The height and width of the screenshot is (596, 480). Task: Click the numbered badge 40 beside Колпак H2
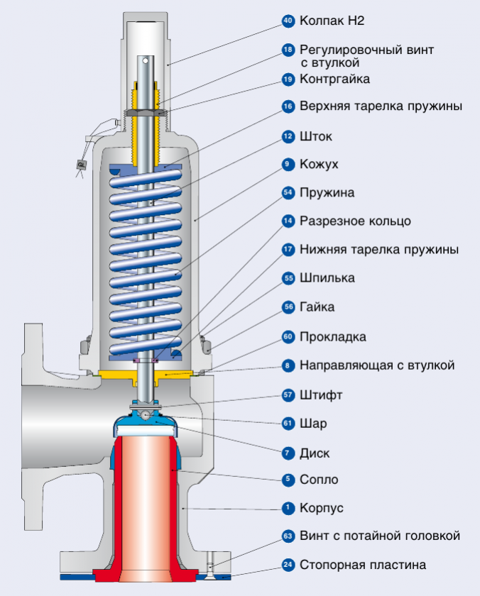[x=288, y=21]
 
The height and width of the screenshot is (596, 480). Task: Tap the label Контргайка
[x=334, y=79]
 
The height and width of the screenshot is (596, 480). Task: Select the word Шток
[x=316, y=136]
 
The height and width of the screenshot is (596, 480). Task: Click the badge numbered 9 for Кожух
[x=288, y=164]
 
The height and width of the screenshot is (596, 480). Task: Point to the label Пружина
[x=327, y=193]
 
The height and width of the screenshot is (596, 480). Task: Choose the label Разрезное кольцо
[x=355, y=221]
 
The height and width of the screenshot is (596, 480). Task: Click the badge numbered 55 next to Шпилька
[x=288, y=278]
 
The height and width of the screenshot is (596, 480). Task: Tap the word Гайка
[x=317, y=307]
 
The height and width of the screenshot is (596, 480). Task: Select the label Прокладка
[x=333, y=337]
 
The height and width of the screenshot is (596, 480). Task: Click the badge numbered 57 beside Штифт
[x=288, y=395]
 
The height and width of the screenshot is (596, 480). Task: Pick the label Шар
[x=313, y=424]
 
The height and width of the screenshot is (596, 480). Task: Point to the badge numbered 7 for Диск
[x=288, y=453]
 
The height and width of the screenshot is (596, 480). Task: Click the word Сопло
[x=319, y=480]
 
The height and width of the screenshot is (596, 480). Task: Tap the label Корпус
[x=322, y=508]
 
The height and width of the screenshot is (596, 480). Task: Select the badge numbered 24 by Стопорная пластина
[x=288, y=565]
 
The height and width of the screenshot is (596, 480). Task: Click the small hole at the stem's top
[x=146, y=60]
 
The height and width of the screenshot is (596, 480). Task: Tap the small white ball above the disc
[x=145, y=415]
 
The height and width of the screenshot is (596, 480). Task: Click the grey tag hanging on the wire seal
[x=82, y=165]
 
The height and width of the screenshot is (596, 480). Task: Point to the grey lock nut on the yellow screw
[x=146, y=113]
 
